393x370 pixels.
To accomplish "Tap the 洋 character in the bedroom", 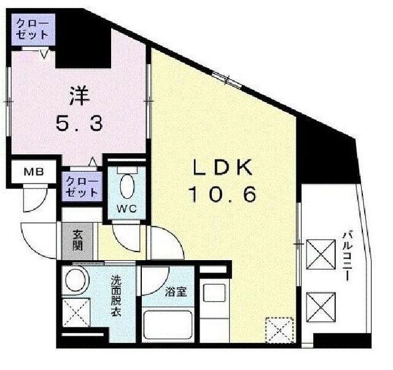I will pyautogui.click(x=78, y=97).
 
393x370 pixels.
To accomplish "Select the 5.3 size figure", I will pyautogui.click(x=78, y=124).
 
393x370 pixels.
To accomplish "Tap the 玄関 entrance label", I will pyautogui.click(x=78, y=240).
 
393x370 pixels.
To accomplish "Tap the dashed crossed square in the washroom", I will pyautogui.click(x=76, y=314).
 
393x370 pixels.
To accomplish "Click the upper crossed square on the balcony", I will pyautogui.click(x=320, y=252).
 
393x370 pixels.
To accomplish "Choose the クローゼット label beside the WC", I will pyautogui.click(x=81, y=187).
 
